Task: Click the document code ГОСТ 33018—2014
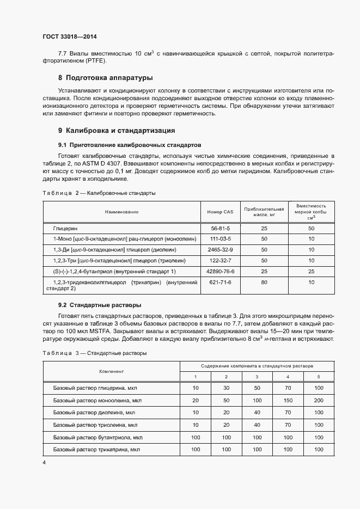tap(69, 37)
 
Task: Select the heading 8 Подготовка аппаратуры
tap(106, 77)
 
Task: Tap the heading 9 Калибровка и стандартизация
tap(116, 131)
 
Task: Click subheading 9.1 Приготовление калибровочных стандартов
tap(130, 145)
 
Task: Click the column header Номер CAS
tap(219, 212)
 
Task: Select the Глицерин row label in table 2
tap(64, 229)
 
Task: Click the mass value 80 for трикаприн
tap(264, 282)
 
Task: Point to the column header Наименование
tap(122, 212)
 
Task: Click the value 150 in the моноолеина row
tap(288, 400)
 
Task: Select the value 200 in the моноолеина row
tap(319, 400)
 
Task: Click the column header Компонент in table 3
tap(111, 371)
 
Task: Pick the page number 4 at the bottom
tap(44, 462)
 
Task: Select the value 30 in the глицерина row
tap(226, 388)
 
